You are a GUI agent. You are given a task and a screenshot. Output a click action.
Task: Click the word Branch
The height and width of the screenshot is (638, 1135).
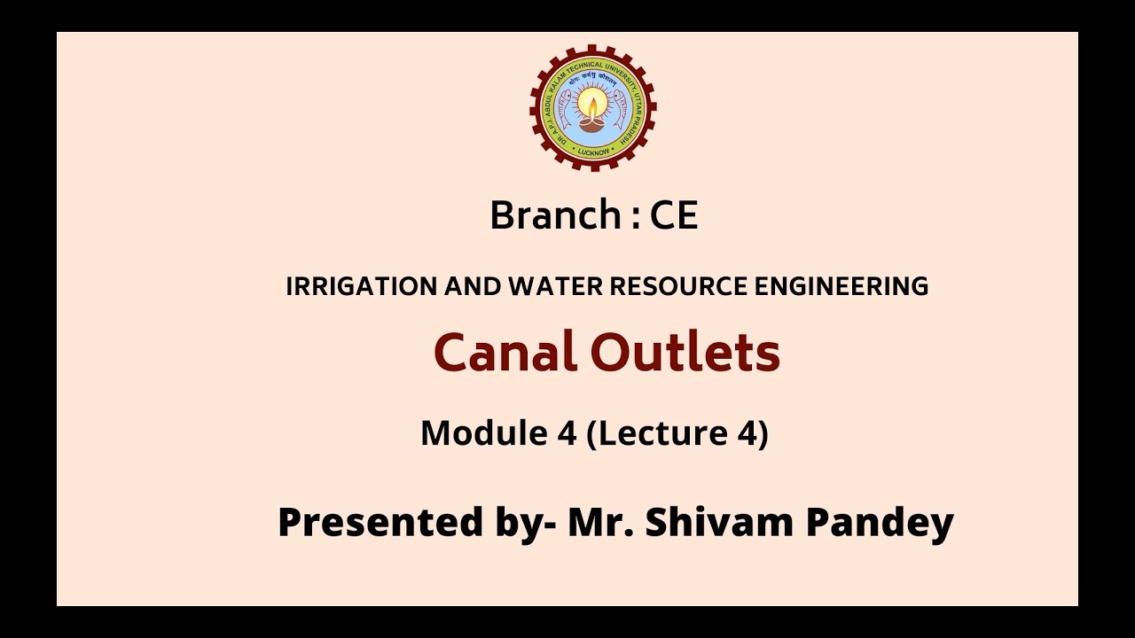[555, 215]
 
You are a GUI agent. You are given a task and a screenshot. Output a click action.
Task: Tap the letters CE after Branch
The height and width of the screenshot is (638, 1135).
[674, 215]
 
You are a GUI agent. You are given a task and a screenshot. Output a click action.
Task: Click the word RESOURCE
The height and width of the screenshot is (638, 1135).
[671, 287]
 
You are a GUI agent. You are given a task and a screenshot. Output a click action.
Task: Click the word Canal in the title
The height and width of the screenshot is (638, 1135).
[505, 352]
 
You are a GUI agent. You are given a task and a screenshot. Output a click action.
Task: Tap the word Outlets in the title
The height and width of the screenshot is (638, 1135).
[685, 352]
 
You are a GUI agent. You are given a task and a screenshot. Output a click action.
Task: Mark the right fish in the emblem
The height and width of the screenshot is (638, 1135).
[622, 111]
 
